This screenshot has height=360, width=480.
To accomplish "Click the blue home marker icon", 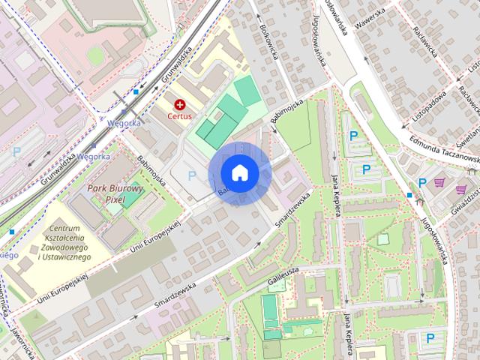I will pyautogui.click(x=239, y=172).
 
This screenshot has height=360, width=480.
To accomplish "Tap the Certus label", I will pyautogui.click(x=180, y=116).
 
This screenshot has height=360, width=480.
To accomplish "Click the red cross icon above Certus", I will pyautogui.click(x=180, y=104).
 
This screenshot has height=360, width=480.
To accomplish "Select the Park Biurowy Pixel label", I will pyautogui.click(x=115, y=193).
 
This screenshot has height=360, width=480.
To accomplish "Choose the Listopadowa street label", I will pyautogui.click(x=430, y=108).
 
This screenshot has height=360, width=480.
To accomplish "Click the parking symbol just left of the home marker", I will pyautogui.click(x=192, y=175).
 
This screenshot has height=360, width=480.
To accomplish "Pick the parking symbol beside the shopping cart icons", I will pyautogui.click(x=422, y=182).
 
